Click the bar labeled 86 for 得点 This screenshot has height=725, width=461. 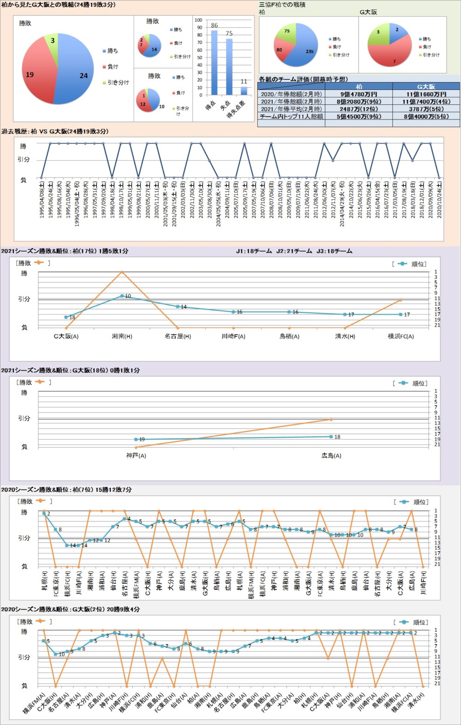(x=214, y=62)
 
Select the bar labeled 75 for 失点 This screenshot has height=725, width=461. (x=229, y=66)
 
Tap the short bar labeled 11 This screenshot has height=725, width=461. (x=244, y=91)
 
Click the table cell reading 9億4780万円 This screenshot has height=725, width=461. (x=359, y=94)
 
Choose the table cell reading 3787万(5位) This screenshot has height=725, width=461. (x=426, y=109)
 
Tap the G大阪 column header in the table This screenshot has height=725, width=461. (x=426, y=86)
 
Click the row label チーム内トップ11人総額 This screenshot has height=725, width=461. (x=291, y=117)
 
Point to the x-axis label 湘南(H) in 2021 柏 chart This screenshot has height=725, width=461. (x=122, y=336)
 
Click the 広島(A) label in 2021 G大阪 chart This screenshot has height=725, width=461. (x=331, y=455)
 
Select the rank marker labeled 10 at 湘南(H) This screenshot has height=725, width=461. (x=122, y=296)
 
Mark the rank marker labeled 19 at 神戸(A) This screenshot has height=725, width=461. (x=136, y=439)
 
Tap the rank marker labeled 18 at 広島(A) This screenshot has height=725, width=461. (x=331, y=437)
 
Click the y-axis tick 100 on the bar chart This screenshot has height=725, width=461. (x=198, y=20)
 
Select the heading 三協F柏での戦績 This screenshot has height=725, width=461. (x=282, y=5)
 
